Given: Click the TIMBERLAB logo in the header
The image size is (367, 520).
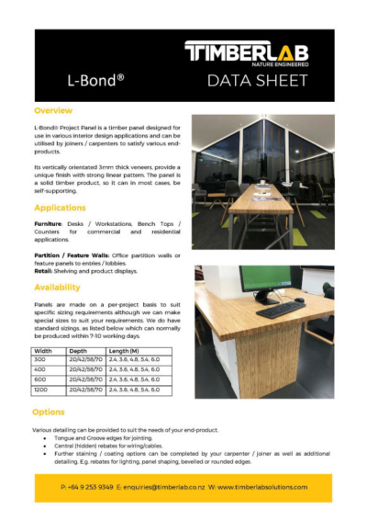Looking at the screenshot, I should tap(253, 53).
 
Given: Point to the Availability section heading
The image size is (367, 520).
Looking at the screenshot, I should tap(61, 286).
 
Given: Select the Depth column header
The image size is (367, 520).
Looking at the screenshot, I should tap(78, 351).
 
